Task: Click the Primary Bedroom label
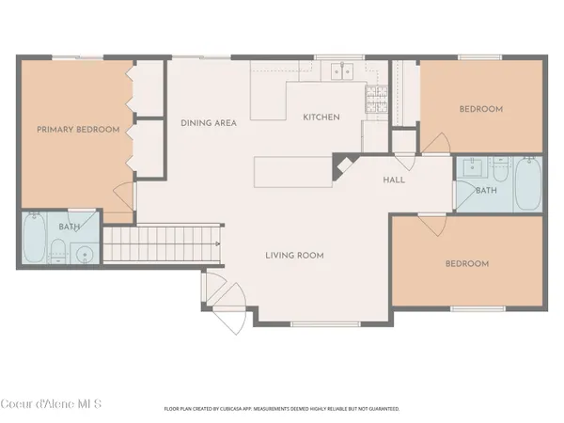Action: click(x=78, y=130)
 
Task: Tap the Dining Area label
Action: click(x=209, y=123)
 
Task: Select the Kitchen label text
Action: click(x=321, y=117)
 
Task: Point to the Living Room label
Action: click(x=294, y=256)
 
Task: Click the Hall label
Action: click(x=394, y=180)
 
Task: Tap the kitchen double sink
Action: click(x=342, y=70)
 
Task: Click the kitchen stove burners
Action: click(x=377, y=99)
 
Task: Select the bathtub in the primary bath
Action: click(x=34, y=238)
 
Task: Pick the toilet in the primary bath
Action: click(x=57, y=251)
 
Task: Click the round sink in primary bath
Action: click(x=85, y=255)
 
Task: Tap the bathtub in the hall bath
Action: click(x=528, y=184)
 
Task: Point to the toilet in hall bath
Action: click(x=500, y=168)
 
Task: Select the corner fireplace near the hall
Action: click(x=343, y=166)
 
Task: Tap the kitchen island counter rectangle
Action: click(x=292, y=172)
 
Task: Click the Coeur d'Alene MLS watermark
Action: click(x=51, y=404)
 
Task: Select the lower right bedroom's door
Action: click(x=432, y=226)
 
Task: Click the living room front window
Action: click(x=325, y=324)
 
